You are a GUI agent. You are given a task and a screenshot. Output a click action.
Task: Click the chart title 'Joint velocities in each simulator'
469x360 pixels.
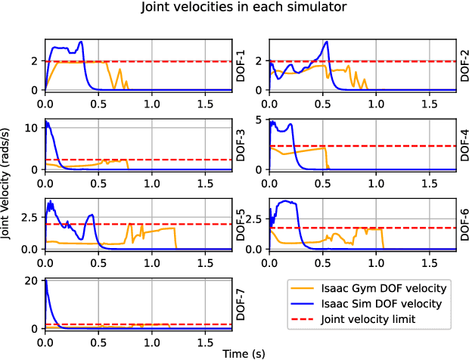click(x=234, y=9)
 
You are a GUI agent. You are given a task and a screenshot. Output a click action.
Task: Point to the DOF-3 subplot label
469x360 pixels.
click(x=241, y=144)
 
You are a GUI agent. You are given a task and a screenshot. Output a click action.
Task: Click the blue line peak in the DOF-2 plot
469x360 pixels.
click(x=326, y=42)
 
